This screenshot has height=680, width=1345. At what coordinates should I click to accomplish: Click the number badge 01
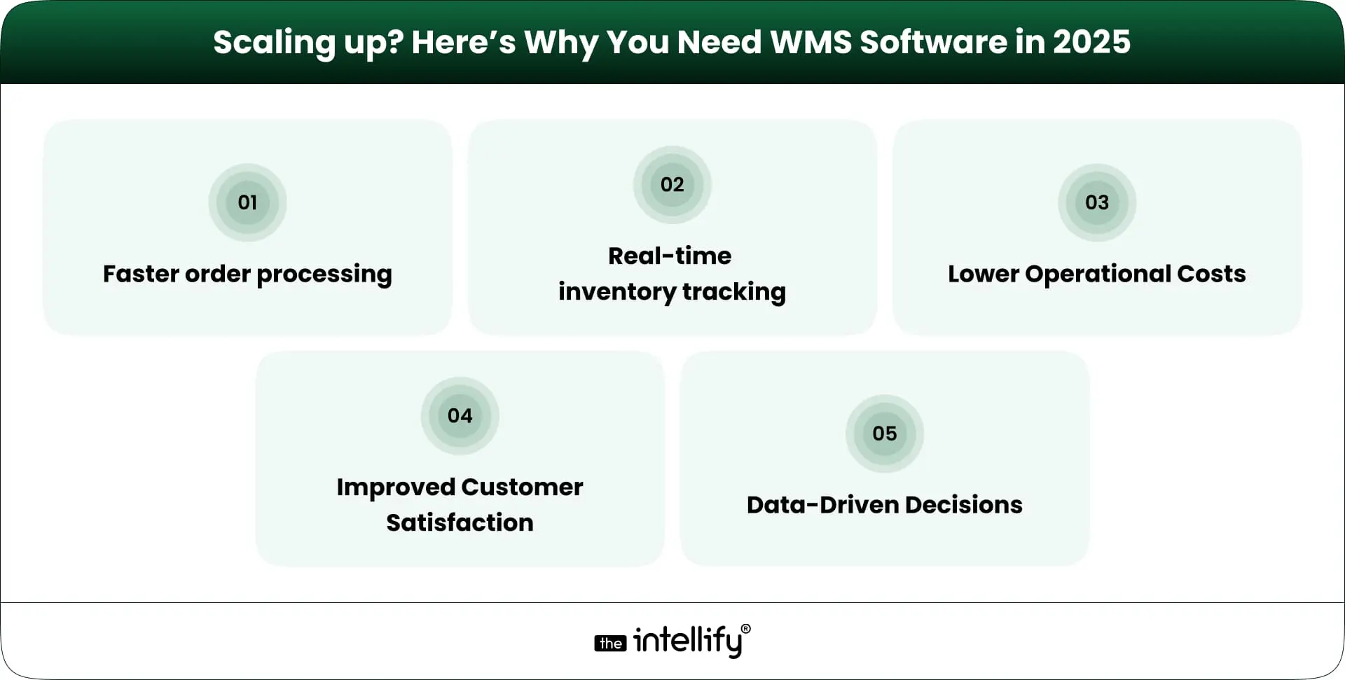(x=247, y=202)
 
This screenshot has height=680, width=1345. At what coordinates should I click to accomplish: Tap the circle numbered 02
(x=672, y=184)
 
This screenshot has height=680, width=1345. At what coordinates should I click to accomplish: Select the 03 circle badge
(x=1096, y=202)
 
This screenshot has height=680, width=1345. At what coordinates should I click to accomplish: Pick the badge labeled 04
(x=460, y=415)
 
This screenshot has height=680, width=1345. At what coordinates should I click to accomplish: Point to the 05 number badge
(x=884, y=433)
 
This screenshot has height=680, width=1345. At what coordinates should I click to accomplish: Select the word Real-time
(x=670, y=256)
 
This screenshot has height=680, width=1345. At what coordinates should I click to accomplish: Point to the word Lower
(x=983, y=274)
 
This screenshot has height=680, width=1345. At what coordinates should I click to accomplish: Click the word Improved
(x=395, y=487)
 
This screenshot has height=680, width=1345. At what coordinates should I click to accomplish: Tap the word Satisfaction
(x=460, y=522)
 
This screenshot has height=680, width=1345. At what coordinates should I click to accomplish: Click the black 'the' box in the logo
(x=610, y=644)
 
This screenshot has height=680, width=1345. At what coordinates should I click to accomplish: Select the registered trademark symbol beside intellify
(x=745, y=629)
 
